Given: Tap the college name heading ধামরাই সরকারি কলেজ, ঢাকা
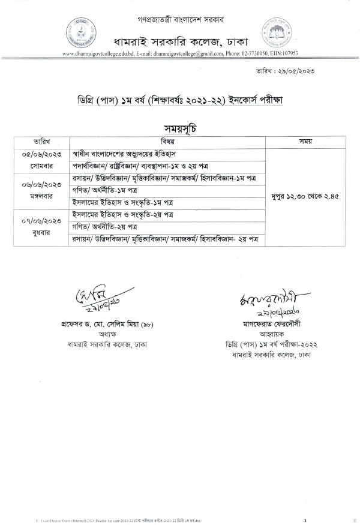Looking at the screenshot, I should pos(181,40).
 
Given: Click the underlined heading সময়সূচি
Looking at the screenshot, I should pos(180,128).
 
